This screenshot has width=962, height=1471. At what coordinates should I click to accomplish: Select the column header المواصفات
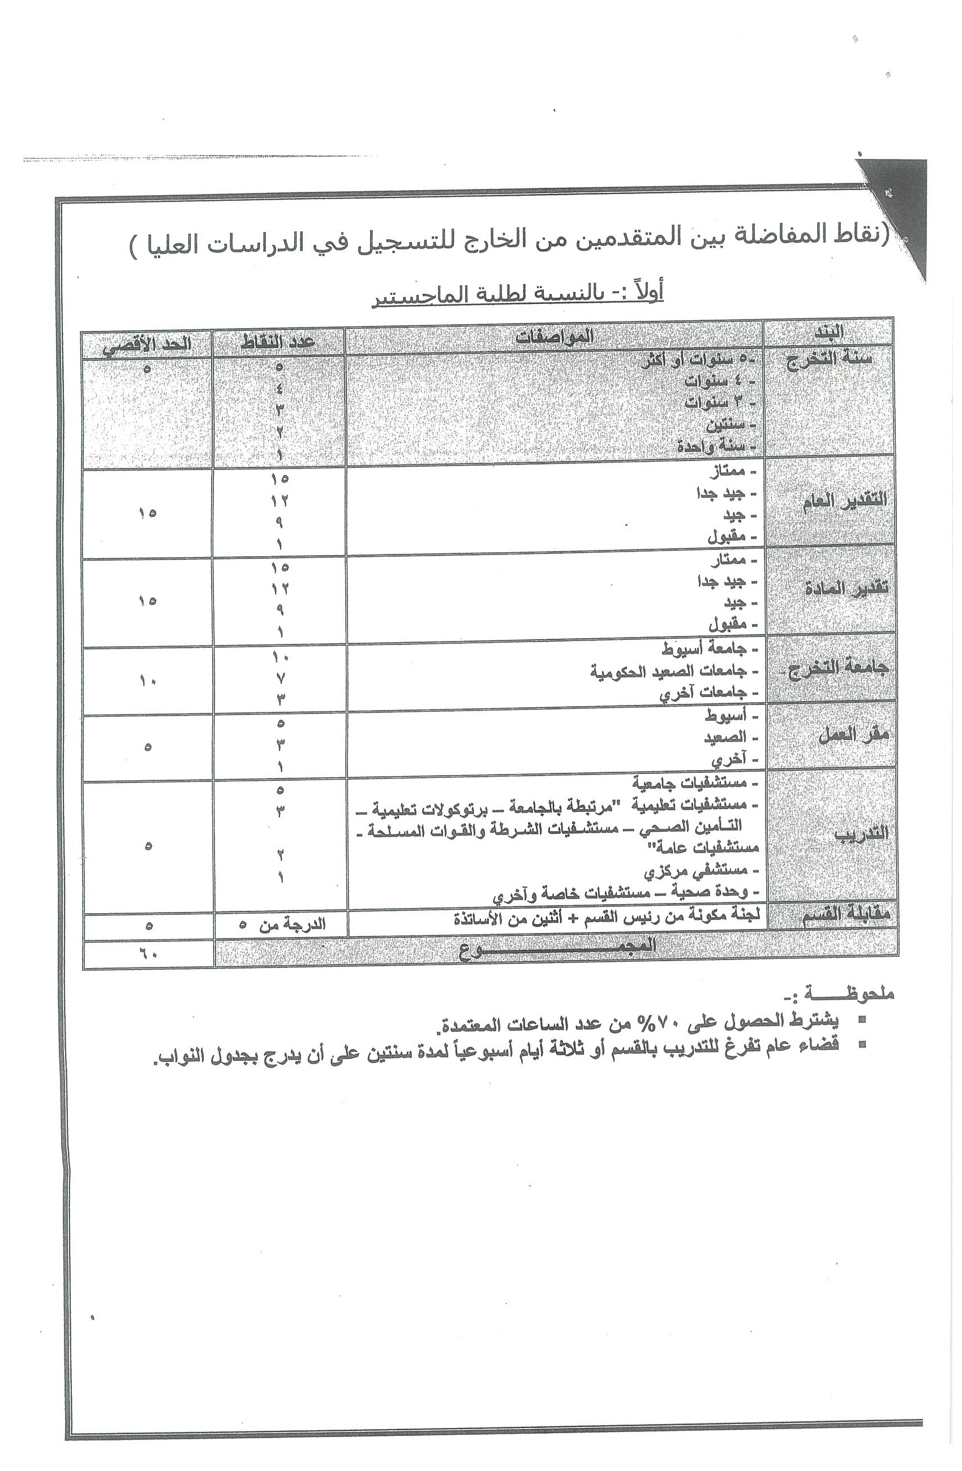click(555, 337)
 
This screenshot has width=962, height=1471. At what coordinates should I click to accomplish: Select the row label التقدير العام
click(844, 501)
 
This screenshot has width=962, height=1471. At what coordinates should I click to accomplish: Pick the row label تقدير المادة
click(846, 589)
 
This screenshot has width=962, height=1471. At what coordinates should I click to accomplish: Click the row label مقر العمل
click(853, 735)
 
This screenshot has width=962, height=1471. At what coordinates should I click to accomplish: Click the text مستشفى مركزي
click(695, 871)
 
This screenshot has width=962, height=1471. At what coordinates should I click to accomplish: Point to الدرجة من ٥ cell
click(281, 924)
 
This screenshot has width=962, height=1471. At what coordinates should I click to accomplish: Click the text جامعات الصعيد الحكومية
click(668, 671)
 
